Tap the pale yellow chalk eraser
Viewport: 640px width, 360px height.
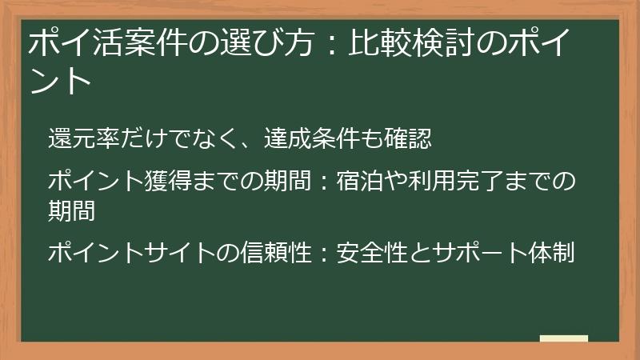[x=563, y=339]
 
